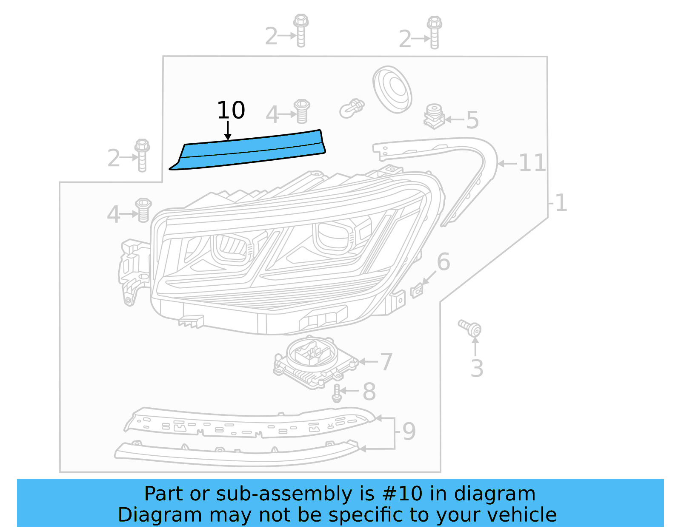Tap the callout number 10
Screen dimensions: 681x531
[x=231, y=111]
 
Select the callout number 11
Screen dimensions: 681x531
[x=532, y=163]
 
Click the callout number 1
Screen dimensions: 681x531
[x=561, y=203]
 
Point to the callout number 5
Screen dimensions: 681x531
[x=472, y=120]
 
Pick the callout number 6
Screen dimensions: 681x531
[x=443, y=262]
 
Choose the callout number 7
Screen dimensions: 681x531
[x=386, y=362]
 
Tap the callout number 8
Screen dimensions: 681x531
[x=369, y=392]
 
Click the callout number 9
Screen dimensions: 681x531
[x=409, y=432]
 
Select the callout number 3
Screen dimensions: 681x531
[x=477, y=369]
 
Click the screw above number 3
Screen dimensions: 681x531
[x=470, y=328]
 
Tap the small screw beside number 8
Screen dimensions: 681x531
[x=337, y=393]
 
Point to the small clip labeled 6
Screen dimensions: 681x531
[x=417, y=291]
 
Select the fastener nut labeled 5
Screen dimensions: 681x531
[x=434, y=116]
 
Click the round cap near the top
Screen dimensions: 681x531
[x=392, y=89]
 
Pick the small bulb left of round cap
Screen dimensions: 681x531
[x=352, y=108]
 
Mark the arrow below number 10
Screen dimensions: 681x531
[x=228, y=131]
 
